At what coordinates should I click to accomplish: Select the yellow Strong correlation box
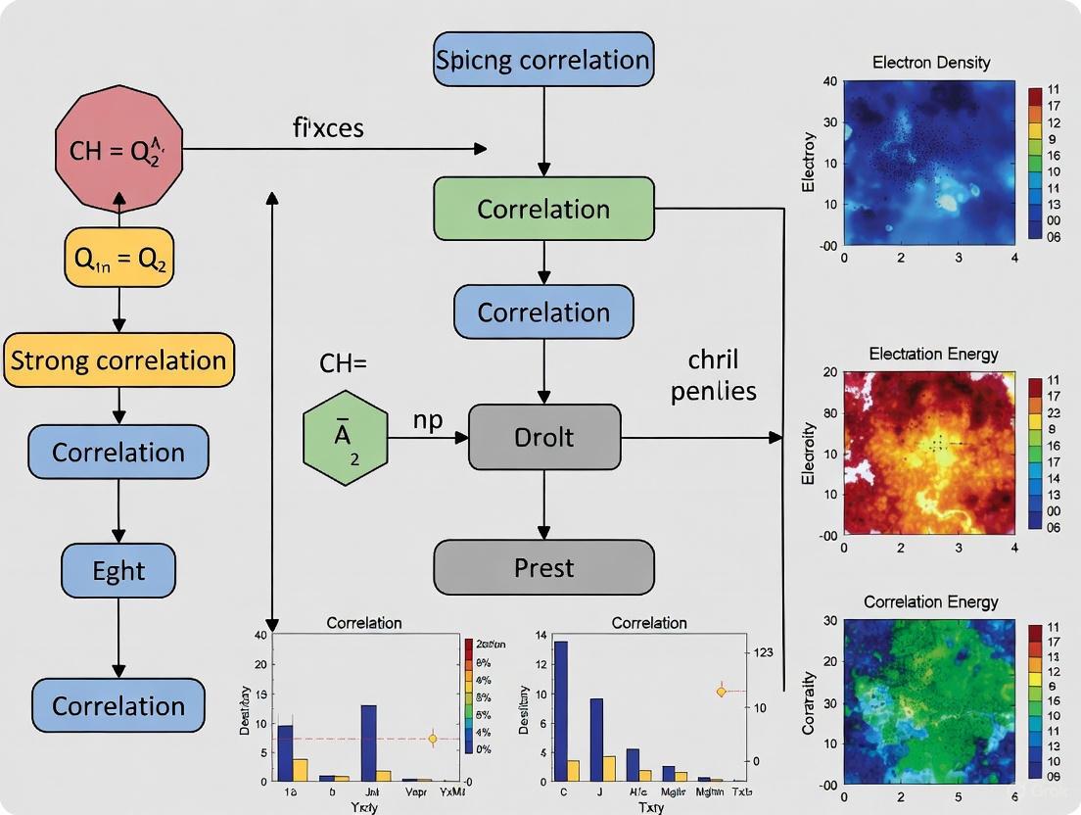118,360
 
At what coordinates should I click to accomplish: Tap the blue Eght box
118,570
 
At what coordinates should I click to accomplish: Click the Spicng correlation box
543,60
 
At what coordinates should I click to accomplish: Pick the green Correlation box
543,209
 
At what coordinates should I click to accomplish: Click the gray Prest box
543,567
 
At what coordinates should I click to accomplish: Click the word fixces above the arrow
328,127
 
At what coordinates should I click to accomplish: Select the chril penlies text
713,373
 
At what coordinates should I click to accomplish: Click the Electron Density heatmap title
930,63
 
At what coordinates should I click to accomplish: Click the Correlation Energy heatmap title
930,601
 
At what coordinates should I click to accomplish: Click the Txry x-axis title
649,806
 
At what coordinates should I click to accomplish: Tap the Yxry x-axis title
363,806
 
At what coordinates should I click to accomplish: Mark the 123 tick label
759,652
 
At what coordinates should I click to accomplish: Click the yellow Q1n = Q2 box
118,260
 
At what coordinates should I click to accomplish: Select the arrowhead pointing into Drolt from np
463,437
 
